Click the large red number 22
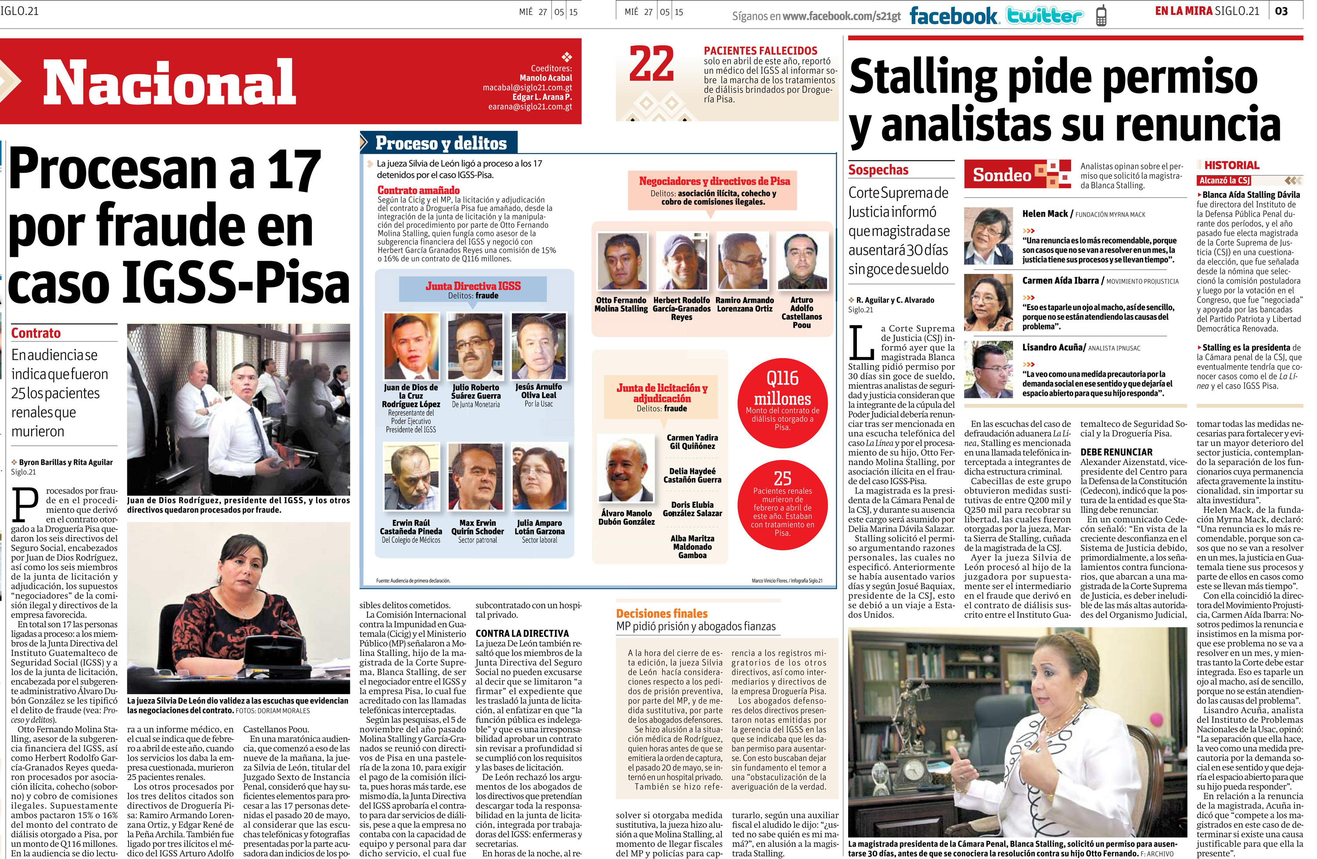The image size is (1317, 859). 651,65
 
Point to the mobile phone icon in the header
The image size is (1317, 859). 1101,16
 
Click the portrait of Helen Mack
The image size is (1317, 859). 988,236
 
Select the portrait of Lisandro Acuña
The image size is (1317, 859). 988,369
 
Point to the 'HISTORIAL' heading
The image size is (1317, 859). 1232,165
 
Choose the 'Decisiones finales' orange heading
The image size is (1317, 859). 662,613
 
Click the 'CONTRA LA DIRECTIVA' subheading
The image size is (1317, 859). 522,634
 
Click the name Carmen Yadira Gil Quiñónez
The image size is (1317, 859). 692,441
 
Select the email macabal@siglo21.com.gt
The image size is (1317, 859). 527,87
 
